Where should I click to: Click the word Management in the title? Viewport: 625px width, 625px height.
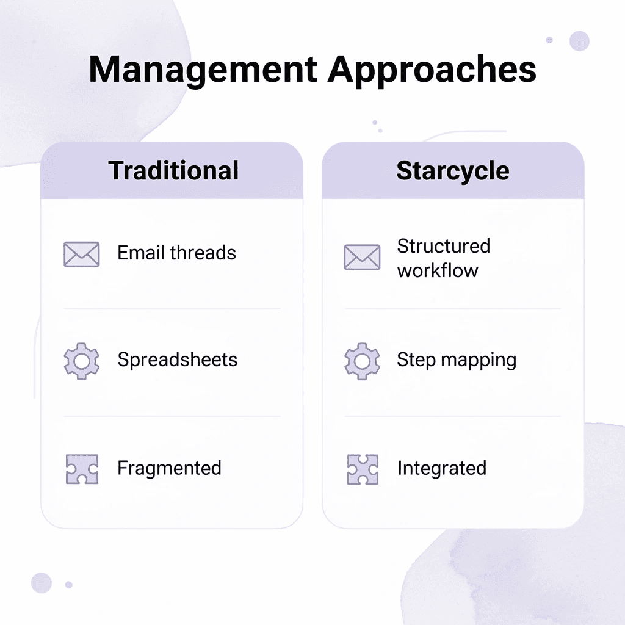202,70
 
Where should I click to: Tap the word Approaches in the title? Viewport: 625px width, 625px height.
432,71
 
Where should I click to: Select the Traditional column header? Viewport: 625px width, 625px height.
173,170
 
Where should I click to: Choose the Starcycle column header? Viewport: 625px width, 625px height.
453,170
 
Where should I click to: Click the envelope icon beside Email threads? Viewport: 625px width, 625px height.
82,253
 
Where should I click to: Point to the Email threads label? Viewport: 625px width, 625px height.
176,253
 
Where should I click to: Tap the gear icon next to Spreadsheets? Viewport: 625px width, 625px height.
82,361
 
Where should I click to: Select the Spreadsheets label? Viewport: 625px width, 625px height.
178,359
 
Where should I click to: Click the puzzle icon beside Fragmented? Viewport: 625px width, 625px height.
82,469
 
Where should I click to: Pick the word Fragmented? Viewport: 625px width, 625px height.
169,468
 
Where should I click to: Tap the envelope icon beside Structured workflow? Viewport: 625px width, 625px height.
362,257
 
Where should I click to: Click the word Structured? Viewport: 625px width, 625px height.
444,246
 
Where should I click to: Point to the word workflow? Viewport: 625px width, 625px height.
438,270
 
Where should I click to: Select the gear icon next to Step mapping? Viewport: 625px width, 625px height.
362,361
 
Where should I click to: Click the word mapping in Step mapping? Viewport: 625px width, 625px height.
480,360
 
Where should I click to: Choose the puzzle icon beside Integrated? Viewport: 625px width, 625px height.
362,469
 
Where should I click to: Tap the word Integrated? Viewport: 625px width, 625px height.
442,468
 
